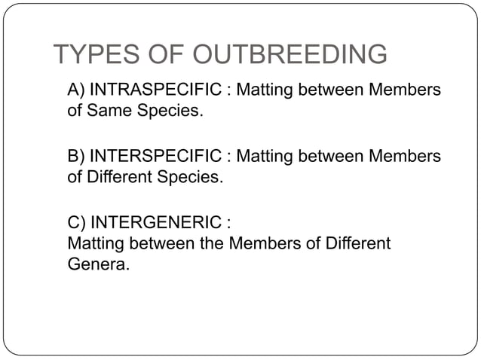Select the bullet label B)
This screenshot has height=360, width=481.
click(76, 157)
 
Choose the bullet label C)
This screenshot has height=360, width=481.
click(77, 224)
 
